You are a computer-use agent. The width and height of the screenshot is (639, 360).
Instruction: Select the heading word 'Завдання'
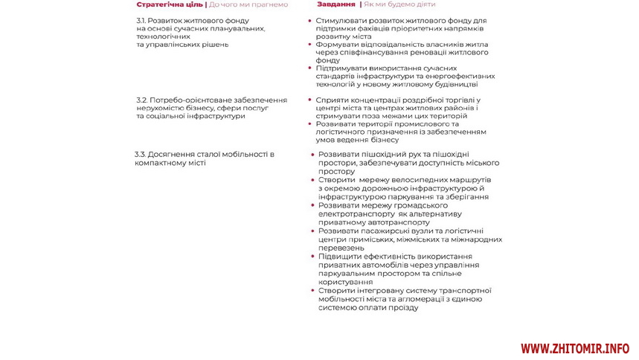[x=336, y=4]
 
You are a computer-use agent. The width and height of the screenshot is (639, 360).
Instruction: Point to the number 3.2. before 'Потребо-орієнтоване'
[x=141, y=100]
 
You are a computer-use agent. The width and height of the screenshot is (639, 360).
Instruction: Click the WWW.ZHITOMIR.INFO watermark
[x=575, y=348]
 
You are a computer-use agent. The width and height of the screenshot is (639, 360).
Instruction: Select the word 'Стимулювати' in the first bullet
[x=340, y=21]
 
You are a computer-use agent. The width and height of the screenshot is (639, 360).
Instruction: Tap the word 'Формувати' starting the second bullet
[x=336, y=44]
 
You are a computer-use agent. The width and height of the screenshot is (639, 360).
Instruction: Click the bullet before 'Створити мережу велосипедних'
[x=312, y=181]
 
